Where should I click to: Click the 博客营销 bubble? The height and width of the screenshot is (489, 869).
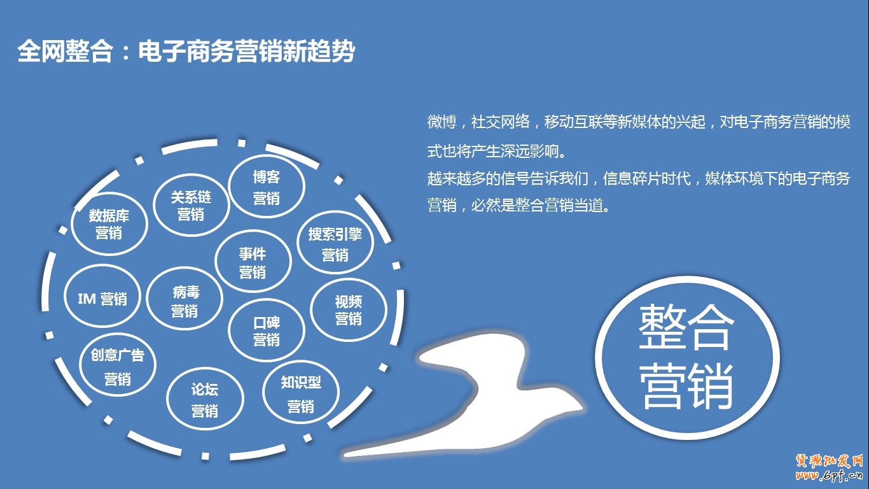267,187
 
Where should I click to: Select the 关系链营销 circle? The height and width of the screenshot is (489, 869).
191,206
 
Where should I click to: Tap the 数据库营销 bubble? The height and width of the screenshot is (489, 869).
109,224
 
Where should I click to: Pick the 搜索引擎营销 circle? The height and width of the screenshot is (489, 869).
335,244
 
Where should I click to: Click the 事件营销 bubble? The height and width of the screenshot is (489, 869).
253,262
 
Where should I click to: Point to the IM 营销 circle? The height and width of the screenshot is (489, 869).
102,299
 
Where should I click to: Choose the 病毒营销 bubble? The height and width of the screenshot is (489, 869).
184,302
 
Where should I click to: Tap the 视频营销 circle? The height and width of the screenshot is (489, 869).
349,309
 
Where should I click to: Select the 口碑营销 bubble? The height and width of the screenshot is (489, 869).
266,330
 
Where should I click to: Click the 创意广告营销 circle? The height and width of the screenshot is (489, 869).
118,366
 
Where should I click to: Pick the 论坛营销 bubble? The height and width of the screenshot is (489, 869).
205,399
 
